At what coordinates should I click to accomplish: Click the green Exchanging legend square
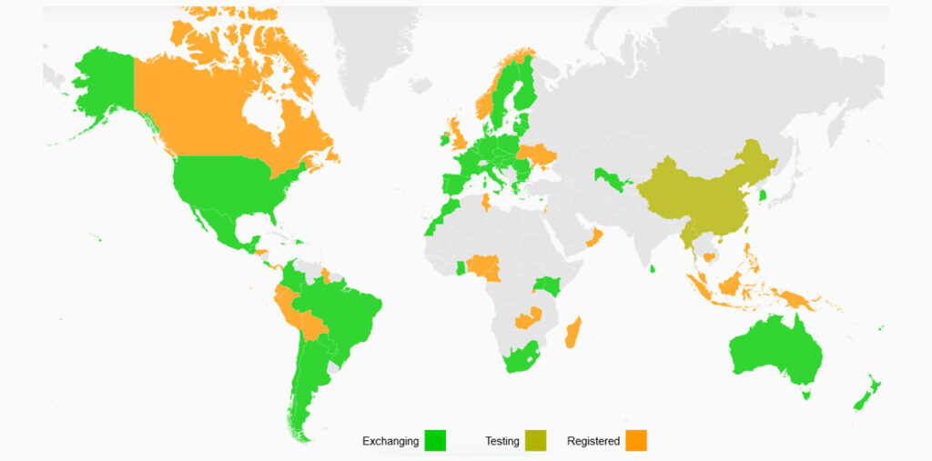[x=435, y=441]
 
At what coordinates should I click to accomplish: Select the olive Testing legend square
[x=535, y=441]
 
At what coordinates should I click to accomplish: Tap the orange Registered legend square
[x=636, y=441]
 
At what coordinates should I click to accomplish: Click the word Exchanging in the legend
[x=390, y=442]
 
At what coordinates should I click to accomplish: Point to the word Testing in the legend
[x=501, y=442]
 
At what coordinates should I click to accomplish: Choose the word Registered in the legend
[x=593, y=442]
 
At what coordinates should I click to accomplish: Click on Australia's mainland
[x=774, y=350]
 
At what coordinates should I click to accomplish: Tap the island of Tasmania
[x=805, y=394]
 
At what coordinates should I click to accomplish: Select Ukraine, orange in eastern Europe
[x=535, y=153]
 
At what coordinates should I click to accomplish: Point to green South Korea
[x=763, y=194]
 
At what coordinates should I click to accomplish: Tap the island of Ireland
[x=445, y=139]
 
